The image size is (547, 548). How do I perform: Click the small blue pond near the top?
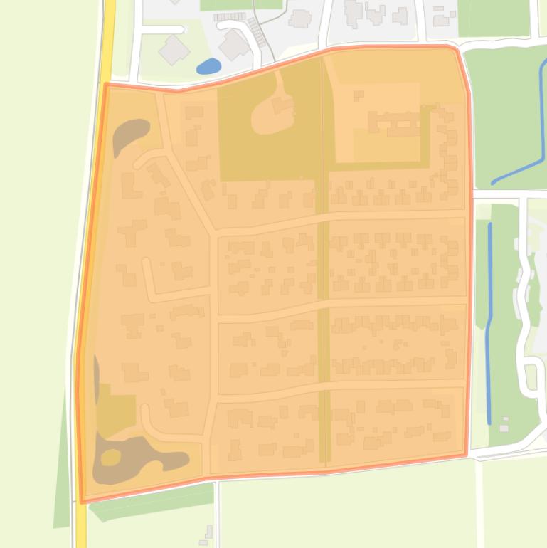point(208,66)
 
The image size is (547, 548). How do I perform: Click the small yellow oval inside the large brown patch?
point(110,457)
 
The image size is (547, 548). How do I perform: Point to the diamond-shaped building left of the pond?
point(173,49)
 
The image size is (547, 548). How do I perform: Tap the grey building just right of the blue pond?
point(234,45)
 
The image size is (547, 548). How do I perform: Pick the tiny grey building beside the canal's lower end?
point(504,425)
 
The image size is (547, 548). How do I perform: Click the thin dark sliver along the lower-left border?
point(96,370)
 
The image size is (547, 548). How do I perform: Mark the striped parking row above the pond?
point(230,16)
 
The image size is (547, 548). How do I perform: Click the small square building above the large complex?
point(359,95)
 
